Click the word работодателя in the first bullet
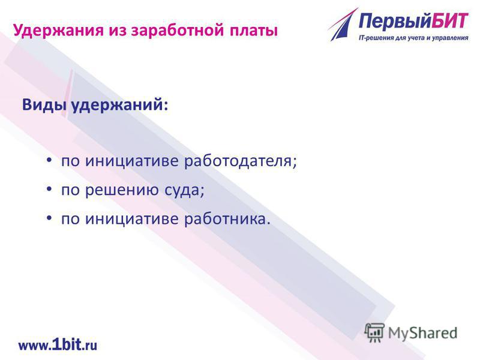[x=241, y=161]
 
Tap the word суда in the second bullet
[x=184, y=191]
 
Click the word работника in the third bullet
[x=227, y=219]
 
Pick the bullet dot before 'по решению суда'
[x=49, y=189]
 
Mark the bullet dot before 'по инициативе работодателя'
[x=49, y=160]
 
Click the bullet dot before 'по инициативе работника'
[x=49, y=218]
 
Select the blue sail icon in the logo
[x=343, y=25]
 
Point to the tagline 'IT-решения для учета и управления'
[x=413, y=38]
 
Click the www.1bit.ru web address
[x=58, y=345]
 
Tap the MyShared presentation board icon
[x=374, y=333]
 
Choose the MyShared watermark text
[x=422, y=333]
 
